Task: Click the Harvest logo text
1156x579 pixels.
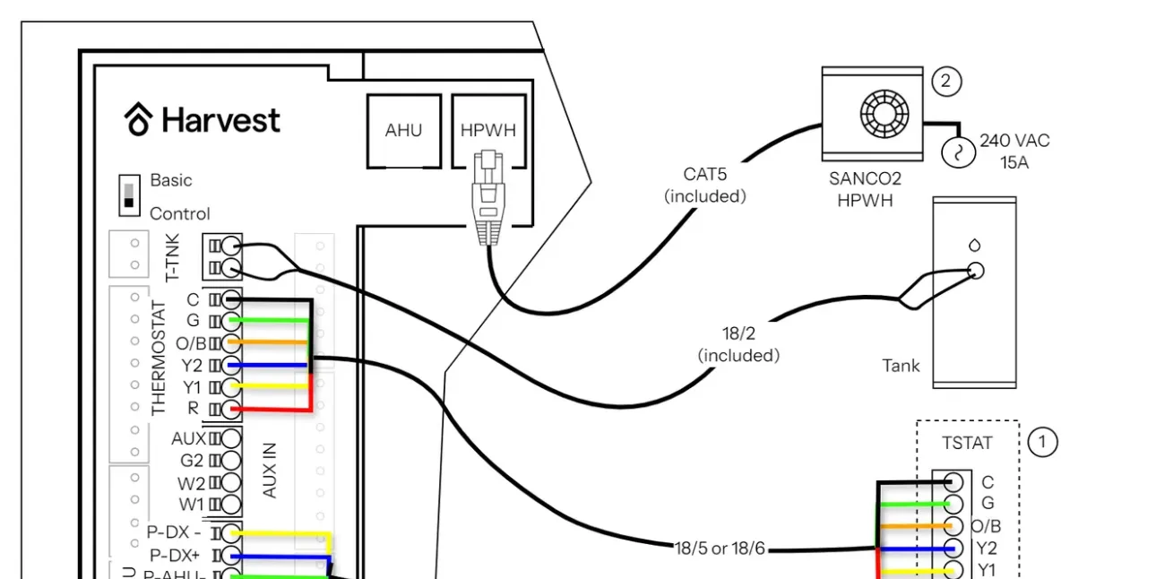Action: point(220,120)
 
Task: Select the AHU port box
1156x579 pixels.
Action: point(403,131)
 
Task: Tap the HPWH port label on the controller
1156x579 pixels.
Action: point(488,130)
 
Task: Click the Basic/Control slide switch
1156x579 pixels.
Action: point(130,194)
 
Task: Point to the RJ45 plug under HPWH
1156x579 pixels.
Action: point(487,198)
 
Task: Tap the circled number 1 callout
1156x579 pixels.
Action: point(1042,442)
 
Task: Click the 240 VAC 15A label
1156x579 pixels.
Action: point(1014,151)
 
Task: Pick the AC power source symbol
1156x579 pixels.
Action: point(957,152)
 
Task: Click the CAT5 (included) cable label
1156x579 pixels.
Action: point(705,185)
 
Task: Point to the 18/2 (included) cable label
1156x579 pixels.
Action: point(738,344)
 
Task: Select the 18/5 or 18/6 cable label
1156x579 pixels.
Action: point(720,549)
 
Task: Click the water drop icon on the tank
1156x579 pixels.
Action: point(974,245)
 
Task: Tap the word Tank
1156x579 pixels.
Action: point(901,366)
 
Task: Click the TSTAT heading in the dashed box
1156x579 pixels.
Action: point(967,443)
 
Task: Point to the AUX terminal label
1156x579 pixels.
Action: point(188,439)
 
